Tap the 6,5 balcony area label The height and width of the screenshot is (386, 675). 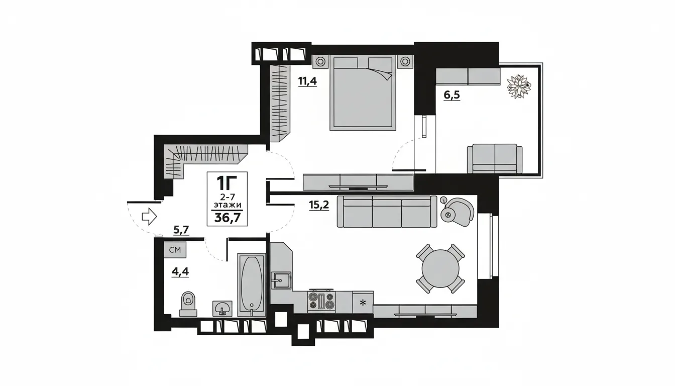(x=452, y=95)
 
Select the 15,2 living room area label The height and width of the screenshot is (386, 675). (x=319, y=205)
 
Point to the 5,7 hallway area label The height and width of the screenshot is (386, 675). (x=181, y=230)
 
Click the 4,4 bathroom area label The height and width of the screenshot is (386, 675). (x=180, y=272)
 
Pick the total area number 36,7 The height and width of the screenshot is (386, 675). (x=227, y=217)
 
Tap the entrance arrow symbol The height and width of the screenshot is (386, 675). (x=149, y=217)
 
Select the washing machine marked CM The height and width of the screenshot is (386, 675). (x=175, y=250)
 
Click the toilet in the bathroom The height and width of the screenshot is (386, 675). (x=188, y=304)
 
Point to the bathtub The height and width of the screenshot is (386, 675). (x=252, y=285)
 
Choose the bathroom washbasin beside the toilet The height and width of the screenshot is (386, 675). (x=222, y=308)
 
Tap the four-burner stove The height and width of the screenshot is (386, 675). (x=321, y=302)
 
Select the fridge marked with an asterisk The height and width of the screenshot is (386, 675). (x=363, y=302)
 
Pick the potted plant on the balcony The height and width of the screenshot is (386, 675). (x=518, y=86)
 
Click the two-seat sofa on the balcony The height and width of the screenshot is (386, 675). (x=495, y=159)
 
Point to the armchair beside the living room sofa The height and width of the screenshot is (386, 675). (x=457, y=212)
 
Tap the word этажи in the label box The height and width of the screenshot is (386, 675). (x=228, y=205)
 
